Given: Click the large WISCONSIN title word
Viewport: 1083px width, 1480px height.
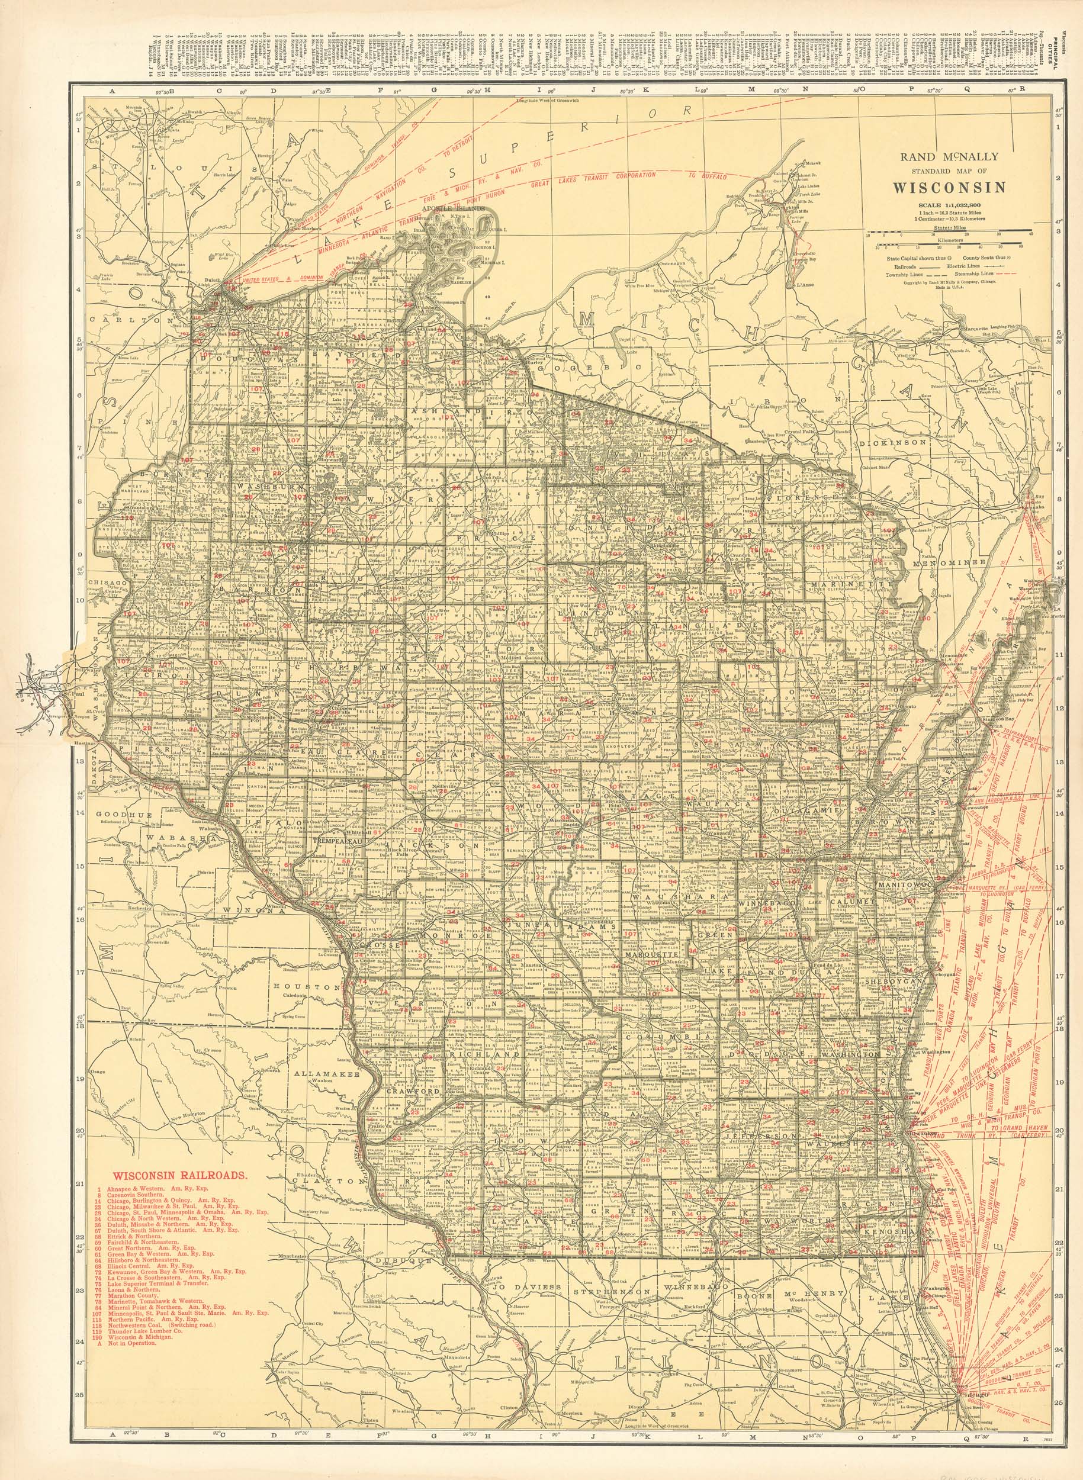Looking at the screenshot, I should point(950,188).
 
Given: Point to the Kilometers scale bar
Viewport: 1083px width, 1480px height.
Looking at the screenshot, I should point(950,244).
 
